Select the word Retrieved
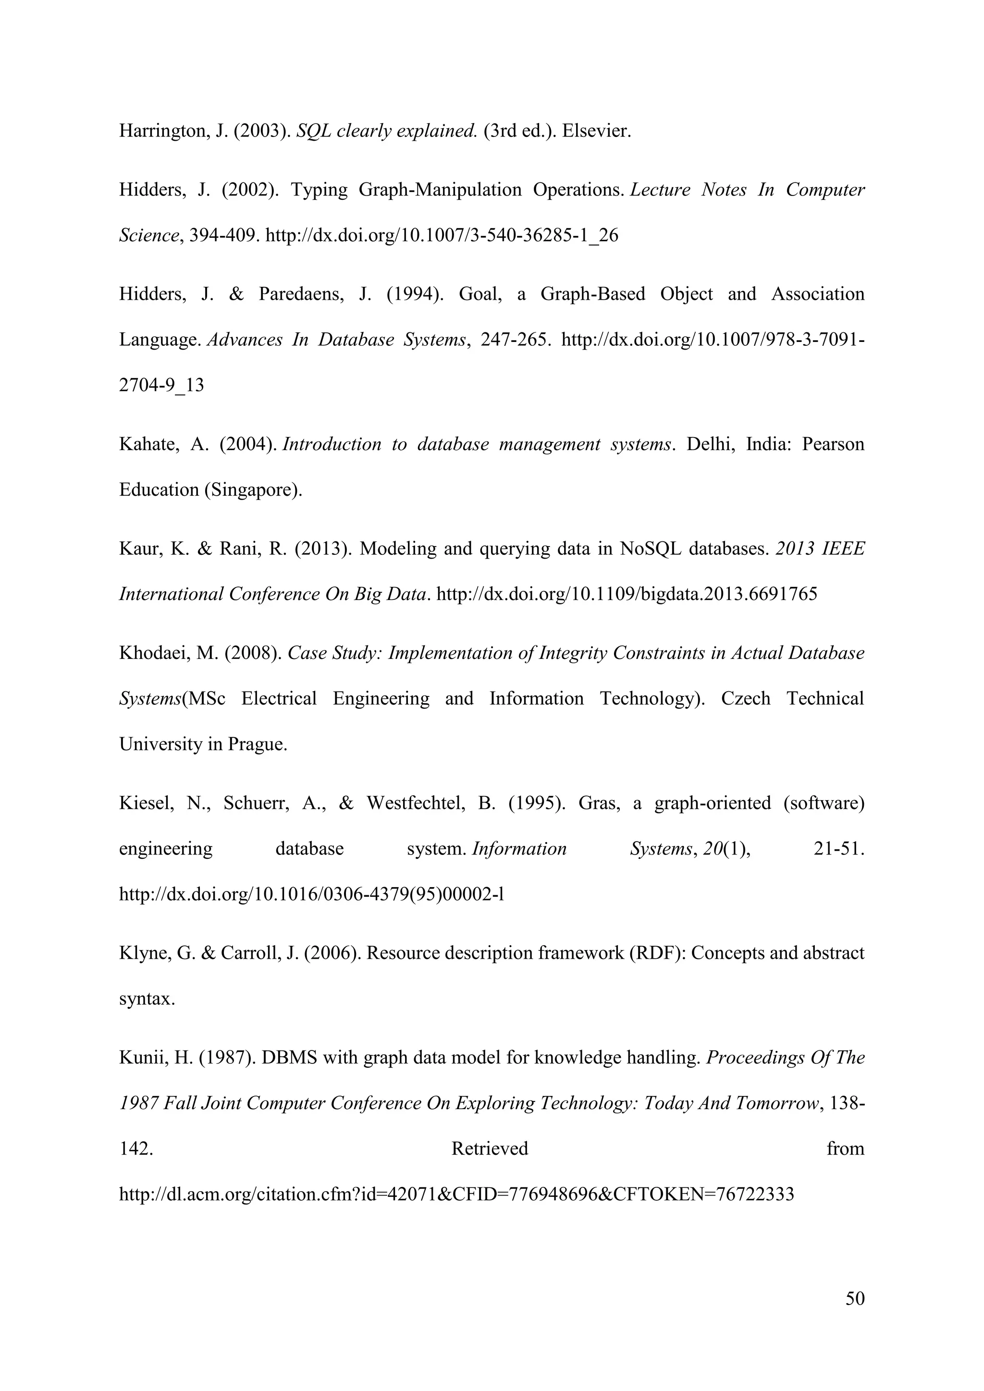pyautogui.click(x=490, y=1148)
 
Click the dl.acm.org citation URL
pyautogui.click(x=456, y=1195)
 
